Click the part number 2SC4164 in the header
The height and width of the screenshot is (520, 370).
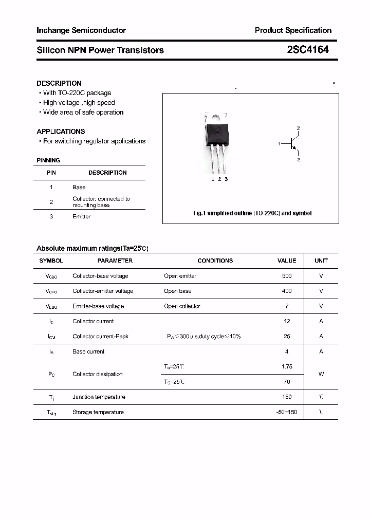[308, 50]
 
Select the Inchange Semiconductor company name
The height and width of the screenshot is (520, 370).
[81, 30]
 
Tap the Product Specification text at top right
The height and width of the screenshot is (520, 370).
[293, 30]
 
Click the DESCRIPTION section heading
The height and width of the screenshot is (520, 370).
[59, 83]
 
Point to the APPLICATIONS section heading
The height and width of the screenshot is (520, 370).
[61, 132]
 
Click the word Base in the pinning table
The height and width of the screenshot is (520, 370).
[79, 188]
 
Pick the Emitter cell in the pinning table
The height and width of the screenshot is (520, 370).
[81, 217]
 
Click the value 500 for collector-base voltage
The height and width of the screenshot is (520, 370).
[287, 276]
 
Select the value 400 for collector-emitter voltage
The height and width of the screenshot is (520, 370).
[287, 291]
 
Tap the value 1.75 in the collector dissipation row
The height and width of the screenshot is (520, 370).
[287, 367]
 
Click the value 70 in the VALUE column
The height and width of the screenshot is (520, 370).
[287, 382]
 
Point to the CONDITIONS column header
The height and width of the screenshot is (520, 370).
[215, 261]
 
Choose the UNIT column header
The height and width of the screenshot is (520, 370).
[321, 261]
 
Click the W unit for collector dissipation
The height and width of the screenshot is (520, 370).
[321, 374]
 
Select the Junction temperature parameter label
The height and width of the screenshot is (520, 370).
[99, 397]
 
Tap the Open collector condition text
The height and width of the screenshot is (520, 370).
[182, 306]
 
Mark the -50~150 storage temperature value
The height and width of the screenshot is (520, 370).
[287, 412]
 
